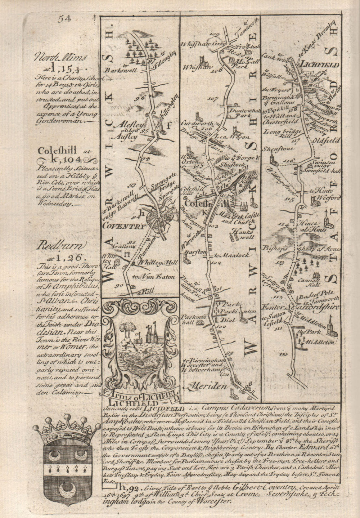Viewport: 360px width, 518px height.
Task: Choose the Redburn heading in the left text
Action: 60,246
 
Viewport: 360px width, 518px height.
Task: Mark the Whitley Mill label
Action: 156,264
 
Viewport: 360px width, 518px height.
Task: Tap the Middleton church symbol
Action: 331,326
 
